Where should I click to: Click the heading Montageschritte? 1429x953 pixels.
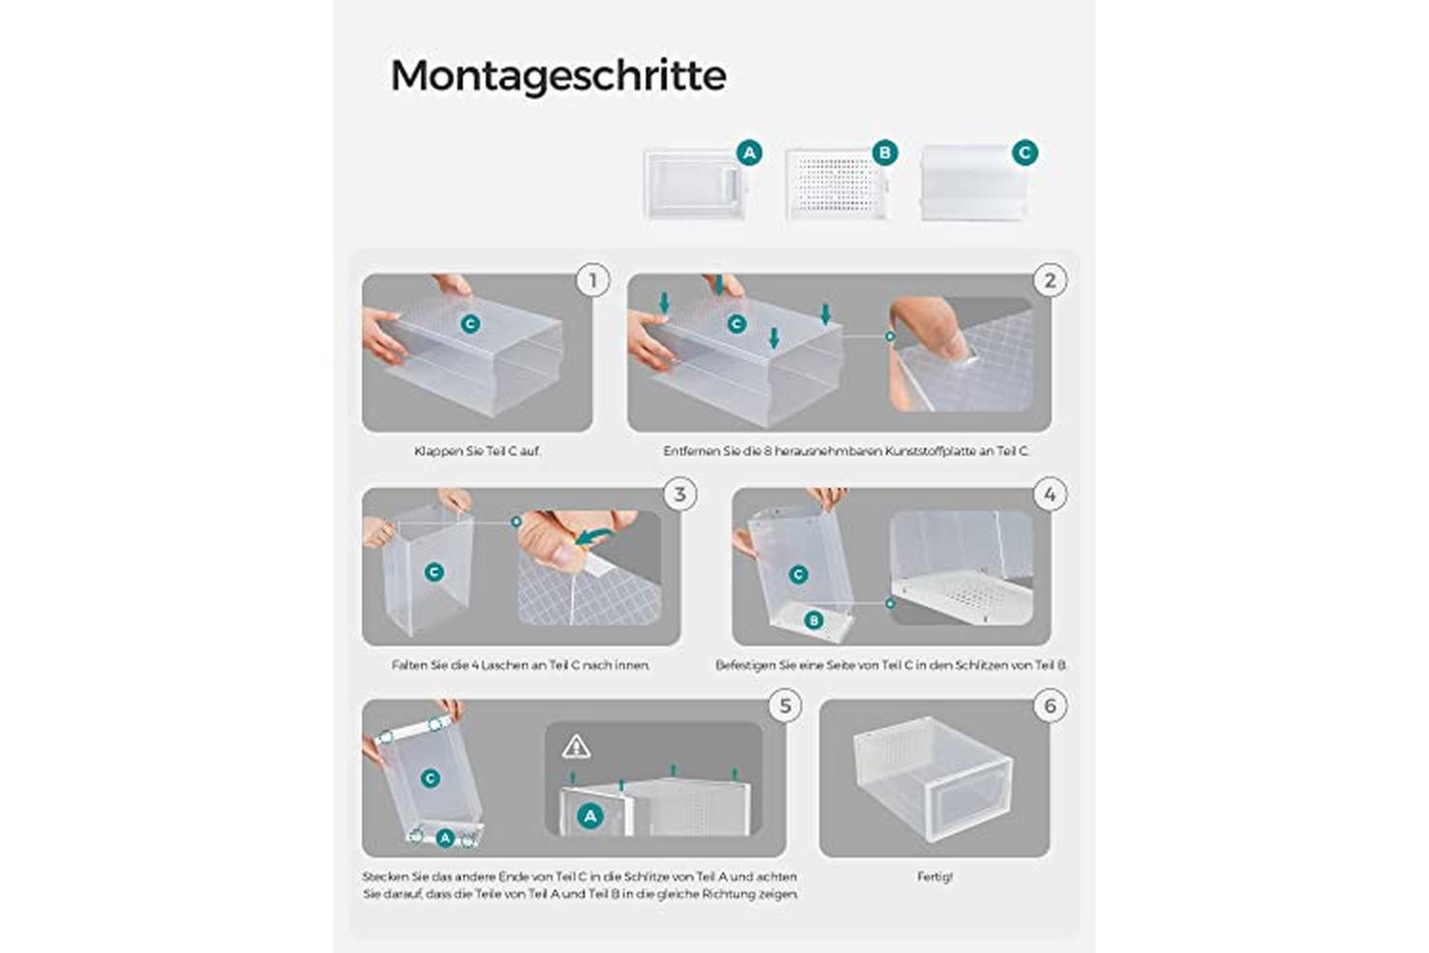(558, 76)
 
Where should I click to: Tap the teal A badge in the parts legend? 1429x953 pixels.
(749, 153)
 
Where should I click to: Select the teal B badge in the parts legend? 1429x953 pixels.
(885, 152)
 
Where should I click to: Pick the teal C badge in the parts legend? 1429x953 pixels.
(1024, 152)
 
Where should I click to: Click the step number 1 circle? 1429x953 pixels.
(594, 281)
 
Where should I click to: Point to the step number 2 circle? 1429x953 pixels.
(1050, 281)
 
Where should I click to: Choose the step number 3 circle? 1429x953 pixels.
(680, 495)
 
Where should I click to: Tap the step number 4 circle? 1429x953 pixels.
(1050, 495)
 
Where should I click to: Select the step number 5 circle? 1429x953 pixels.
(785, 706)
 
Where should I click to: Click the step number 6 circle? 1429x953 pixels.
(1050, 706)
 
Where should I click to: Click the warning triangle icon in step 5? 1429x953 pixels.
(576, 746)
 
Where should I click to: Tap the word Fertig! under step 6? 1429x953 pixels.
(935, 877)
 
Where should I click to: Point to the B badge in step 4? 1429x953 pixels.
(814, 619)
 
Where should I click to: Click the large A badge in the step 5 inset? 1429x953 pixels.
(590, 816)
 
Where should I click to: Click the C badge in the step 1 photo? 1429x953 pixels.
(471, 324)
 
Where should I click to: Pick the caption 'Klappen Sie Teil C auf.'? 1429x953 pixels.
(477, 452)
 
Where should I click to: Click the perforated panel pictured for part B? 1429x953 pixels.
(837, 185)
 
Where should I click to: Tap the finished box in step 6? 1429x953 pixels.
(932, 778)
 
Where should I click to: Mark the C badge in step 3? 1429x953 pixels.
(433, 572)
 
